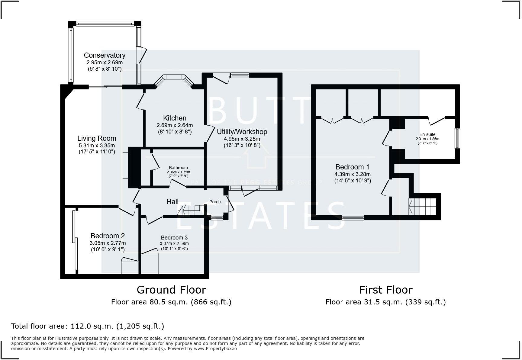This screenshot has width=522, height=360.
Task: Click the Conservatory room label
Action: pos(105,55)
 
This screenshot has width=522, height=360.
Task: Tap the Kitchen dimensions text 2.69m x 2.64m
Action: pos(175,125)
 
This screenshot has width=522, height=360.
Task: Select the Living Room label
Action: pos(97,138)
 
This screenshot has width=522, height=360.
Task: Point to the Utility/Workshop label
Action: pos(242,132)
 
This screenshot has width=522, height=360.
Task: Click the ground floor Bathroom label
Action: pos(178,168)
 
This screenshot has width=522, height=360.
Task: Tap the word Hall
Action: pos(172,202)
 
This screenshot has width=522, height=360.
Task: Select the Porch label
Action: pos(215,202)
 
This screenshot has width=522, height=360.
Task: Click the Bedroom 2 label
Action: pos(108,236)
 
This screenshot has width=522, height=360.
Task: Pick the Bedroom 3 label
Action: pos(174,238)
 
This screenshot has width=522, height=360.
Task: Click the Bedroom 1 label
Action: pos(352,167)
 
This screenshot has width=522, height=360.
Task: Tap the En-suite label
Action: pos(427,134)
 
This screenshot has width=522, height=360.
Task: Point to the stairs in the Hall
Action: pos(190,210)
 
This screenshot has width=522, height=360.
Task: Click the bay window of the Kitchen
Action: pos(174,78)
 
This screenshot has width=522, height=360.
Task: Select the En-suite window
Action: pos(457,138)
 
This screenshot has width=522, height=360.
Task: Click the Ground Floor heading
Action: pos(171,290)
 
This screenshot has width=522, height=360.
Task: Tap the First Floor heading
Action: pos(385,290)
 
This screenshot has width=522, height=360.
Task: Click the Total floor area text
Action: pos(88,326)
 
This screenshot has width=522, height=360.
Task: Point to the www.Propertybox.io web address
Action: pos(215,349)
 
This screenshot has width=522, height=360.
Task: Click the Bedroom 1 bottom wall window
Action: pos(353,217)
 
